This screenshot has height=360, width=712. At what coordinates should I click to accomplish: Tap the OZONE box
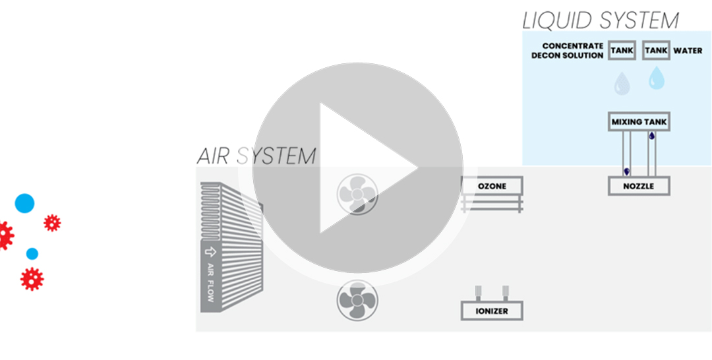point(492,186)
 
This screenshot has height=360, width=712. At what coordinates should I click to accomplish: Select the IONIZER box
point(492,311)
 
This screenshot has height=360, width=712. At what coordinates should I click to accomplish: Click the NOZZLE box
point(639,186)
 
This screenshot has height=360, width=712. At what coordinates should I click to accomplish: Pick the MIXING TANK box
point(639,122)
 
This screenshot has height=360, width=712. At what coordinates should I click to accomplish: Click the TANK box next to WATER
point(656,51)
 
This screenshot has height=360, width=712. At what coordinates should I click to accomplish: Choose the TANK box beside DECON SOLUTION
point(622,51)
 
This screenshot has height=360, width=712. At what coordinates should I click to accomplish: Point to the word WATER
point(688,51)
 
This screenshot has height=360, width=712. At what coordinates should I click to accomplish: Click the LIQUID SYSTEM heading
point(600,20)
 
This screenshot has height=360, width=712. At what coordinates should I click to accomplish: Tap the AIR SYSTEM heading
point(256,156)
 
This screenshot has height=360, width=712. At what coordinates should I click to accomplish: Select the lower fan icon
point(357,301)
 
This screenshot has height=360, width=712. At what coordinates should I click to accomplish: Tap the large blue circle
point(24,203)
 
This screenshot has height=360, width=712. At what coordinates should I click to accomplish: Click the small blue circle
point(32,253)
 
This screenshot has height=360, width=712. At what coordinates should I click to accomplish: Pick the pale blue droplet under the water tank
point(656,78)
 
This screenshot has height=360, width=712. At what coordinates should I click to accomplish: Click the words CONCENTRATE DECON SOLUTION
point(568,51)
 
